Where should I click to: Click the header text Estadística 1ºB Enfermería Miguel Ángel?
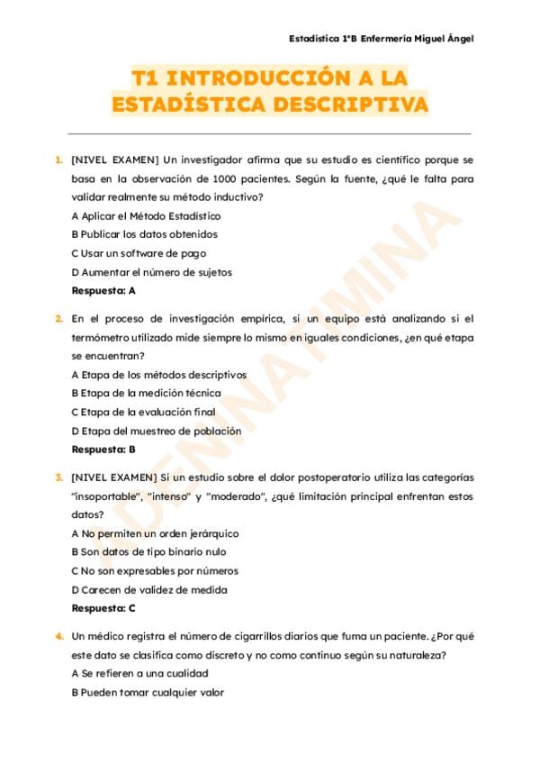click(x=381, y=39)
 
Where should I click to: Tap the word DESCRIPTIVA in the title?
click(x=346, y=105)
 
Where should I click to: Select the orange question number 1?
click(x=59, y=159)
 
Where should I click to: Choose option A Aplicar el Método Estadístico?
click(x=145, y=216)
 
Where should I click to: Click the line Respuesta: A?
click(x=103, y=291)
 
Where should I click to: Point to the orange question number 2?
click(x=59, y=318)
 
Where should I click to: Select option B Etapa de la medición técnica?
click(x=145, y=393)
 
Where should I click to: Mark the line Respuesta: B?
click(x=103, y=449)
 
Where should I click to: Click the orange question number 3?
click(x=59, y=477)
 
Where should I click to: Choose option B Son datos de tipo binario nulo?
click(x=148, y=551)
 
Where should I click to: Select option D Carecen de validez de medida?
click(x=148, y=589)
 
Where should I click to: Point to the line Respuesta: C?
click(x=103, y=608)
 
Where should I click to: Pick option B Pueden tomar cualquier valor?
click(x=147, y=692)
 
